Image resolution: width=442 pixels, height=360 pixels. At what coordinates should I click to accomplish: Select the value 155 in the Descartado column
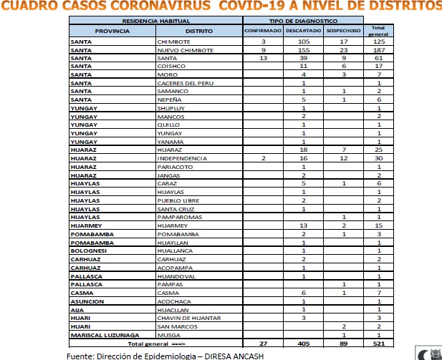(x=304, y=50)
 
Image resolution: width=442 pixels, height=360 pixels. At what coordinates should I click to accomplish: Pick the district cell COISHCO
(x=170, y=66)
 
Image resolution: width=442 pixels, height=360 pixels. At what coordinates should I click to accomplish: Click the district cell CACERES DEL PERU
(x=185, y=83)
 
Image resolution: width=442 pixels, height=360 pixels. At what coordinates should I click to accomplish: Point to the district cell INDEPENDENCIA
(x=183, y=157)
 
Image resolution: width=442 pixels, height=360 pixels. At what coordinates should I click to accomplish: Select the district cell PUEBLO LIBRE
(x=176, y=200)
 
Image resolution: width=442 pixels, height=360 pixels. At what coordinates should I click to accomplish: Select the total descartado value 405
(x=304, y=343)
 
